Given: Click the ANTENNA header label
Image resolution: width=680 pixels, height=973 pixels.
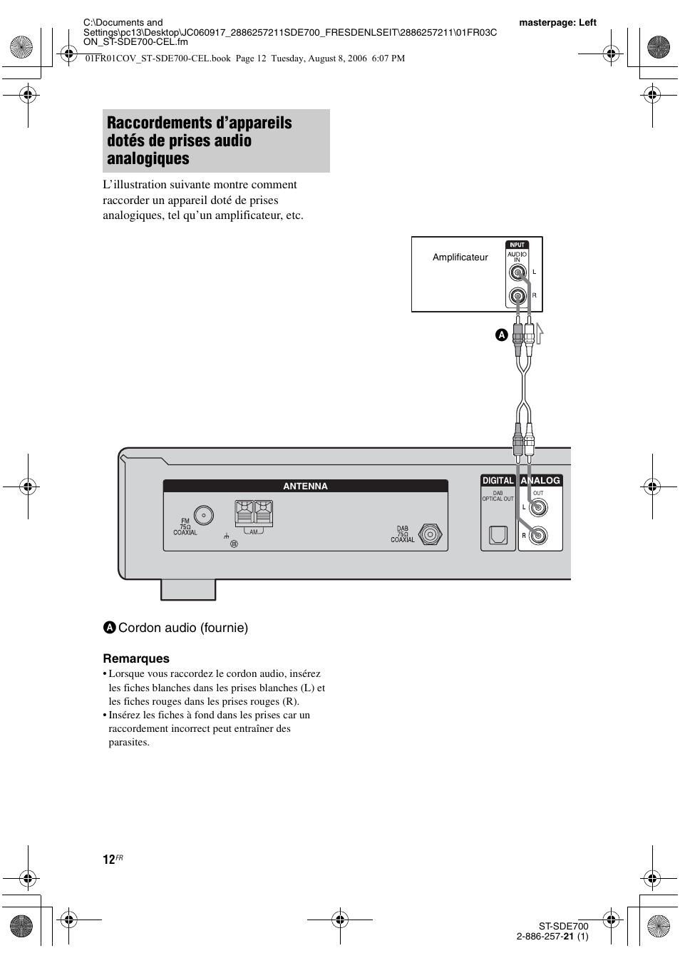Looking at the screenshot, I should [305, 486].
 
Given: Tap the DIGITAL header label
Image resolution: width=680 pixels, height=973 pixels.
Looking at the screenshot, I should [498, 481].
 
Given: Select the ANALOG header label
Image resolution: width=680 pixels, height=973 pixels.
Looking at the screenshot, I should [540, 481].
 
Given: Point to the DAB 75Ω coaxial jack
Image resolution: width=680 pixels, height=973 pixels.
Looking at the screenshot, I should [430, 534].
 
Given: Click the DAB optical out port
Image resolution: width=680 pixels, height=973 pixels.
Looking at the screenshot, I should [498, 535].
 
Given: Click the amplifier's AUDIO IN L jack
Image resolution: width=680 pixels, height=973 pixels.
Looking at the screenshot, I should [517, 272].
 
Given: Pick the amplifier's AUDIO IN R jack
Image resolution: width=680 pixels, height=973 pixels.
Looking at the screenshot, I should [517, 295].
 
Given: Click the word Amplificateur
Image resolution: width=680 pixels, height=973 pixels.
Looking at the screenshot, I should [460, 258].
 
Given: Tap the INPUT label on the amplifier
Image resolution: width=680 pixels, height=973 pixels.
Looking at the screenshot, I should [517, 245].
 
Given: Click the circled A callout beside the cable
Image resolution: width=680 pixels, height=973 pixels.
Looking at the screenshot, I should [501, 334].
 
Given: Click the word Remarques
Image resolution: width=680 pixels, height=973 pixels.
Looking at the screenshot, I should [136, 658].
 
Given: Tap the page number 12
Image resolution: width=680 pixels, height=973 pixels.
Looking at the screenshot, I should [108, 860].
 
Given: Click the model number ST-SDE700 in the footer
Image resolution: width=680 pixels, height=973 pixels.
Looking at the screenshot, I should [563, 926].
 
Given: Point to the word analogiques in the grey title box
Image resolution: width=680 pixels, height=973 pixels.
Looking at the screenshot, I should [148, 158].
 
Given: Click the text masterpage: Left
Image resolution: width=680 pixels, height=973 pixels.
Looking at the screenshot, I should [557, 23].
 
